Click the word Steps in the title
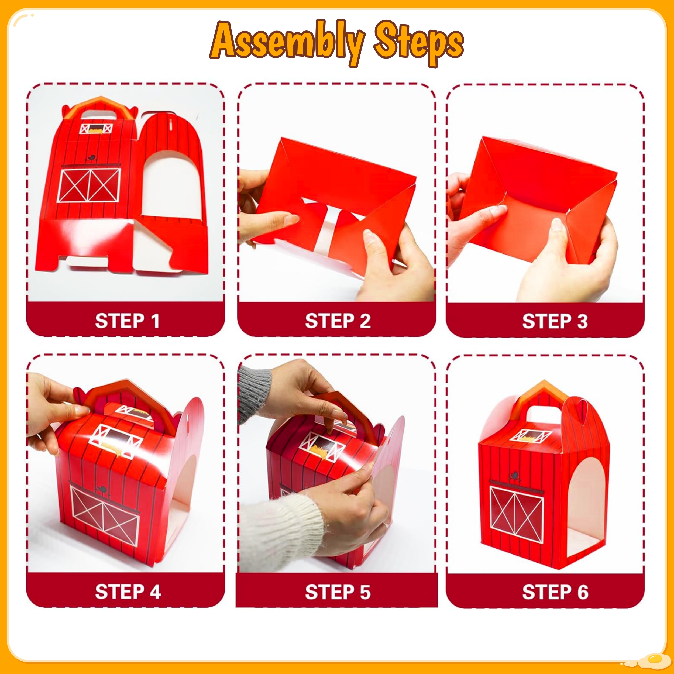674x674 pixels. (419, 44)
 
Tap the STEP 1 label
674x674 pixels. (127, 321)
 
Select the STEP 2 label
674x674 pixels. (338, 321)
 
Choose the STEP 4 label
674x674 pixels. (128, 592)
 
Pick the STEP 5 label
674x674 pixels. (338, 592)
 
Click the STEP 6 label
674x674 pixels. (555, 592)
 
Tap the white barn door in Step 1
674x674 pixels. (89, 185)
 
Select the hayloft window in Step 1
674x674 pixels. (96, 128)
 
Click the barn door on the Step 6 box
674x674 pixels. (517, 514)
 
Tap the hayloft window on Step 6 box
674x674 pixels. (531, 436)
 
